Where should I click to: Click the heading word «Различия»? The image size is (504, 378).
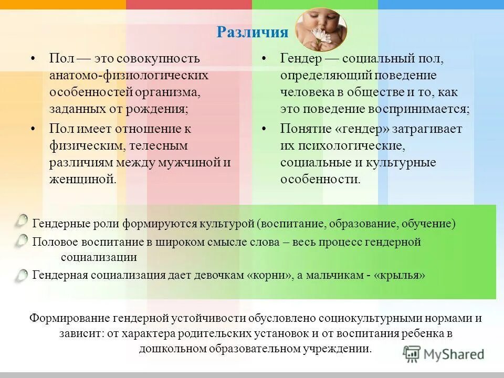pyautogui.click(x=253, y=33)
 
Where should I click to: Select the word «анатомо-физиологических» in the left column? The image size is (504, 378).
pyautogui.click(x=129, y=75)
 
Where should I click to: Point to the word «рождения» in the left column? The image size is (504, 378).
pyautogui.click(x=161, y=109)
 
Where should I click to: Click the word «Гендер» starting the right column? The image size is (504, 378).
pyautogui.click(x=299, y=58)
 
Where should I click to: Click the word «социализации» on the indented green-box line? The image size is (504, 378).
pyautogui.click(x=99, y=257)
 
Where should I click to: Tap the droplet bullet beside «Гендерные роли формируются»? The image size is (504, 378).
pyautogui.click(x=22, y=221)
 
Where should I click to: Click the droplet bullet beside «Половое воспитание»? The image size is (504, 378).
pyautogui.click(x=22, y=240)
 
